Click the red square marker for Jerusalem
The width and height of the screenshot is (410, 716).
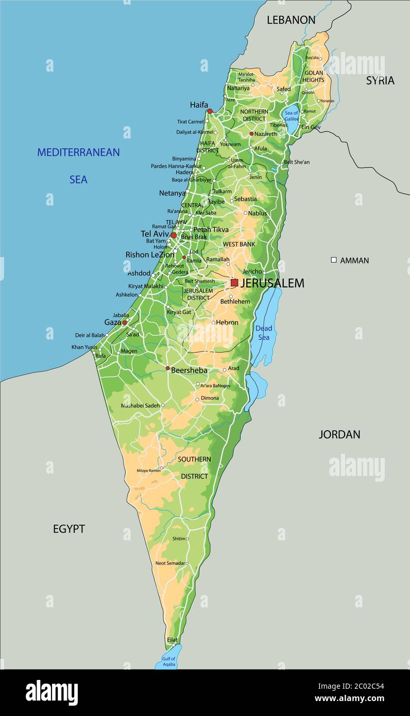pos(234,283)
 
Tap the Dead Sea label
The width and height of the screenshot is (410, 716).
pos(264,333)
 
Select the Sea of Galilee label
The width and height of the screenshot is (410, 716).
pos(292,116)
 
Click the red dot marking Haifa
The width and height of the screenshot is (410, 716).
pos(210,111)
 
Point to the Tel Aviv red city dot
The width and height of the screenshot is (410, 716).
pos(174,235)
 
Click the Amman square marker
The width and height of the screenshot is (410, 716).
pos(334,260)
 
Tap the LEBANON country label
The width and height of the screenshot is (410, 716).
pos(291,20)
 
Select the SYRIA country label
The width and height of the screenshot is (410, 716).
pos(380,80)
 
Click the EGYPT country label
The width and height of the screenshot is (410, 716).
pos(69,529)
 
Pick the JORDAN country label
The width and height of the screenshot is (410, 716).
pos(339,434)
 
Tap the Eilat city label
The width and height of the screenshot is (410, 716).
pos(172,640)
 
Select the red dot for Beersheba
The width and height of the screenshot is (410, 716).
pos(167,368)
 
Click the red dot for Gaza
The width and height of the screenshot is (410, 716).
pos(124,322)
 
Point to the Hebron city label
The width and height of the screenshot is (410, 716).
pos(227,322)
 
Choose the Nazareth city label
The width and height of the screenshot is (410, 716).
pos(266,134)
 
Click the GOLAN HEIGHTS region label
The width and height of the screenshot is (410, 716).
pos(313,76)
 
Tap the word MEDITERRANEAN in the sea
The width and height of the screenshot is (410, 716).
pos(78,152)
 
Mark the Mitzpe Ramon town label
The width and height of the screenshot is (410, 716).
pos(148,470)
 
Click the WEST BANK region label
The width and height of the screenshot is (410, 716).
pos(238,244)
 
